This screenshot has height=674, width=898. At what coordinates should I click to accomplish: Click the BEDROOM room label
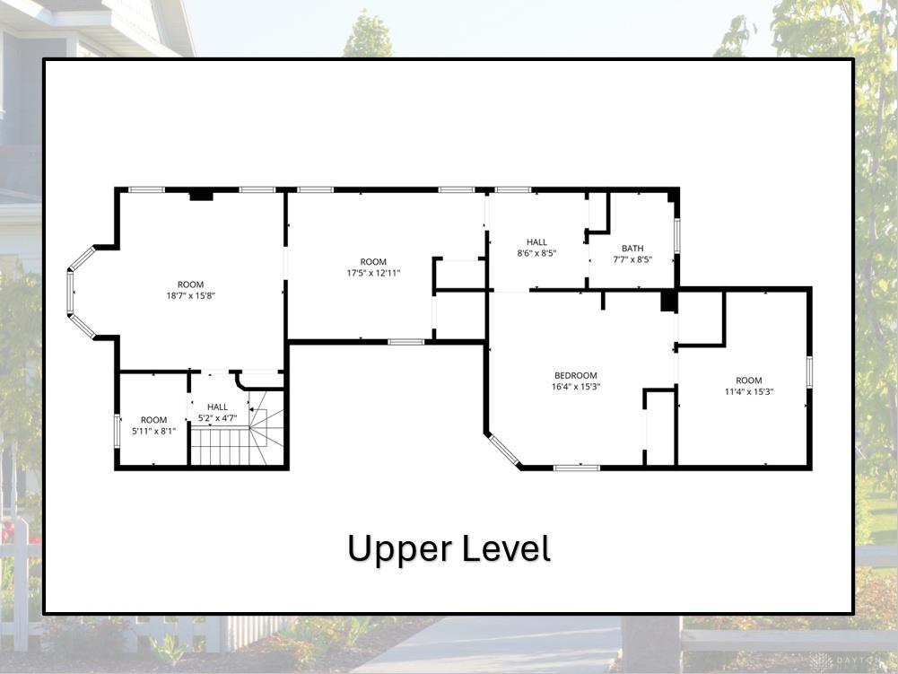tap(576, 375)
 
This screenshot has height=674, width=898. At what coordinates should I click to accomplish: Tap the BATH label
tap(632, 249)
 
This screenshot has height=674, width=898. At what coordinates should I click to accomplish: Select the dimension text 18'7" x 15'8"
tap(191, 296)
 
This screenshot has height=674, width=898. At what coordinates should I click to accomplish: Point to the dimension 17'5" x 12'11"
tap(373, 273)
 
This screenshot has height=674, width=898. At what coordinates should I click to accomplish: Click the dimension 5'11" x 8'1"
tap(154, 431)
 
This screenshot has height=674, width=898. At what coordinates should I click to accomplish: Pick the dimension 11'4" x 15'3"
tap(748, 392)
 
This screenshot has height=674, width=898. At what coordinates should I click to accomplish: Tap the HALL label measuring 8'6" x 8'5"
tap(536, 241)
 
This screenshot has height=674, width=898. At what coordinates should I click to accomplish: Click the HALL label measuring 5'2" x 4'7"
tap(218, 407)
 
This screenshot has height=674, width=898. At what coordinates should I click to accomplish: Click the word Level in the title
tap(506, 547)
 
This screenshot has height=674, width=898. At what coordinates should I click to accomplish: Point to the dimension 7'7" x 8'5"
tap(632, 259)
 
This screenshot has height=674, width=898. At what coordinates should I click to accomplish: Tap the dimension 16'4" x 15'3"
tap(576, 386)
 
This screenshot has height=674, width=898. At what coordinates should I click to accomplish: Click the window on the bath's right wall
tap(677, 235)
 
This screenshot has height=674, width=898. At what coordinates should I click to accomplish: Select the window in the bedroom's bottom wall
tap(577, 468)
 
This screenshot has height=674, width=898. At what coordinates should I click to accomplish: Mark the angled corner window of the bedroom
tap(504, 450)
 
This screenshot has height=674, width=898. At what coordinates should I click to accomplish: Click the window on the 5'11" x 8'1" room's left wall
tap(117, 431)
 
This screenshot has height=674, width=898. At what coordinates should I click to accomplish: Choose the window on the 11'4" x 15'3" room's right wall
tap(809, 372)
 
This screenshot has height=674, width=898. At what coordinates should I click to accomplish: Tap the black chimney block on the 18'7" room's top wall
tap(201, 196)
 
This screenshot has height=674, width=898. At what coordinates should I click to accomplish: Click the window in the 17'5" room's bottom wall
tap(406, 342)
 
